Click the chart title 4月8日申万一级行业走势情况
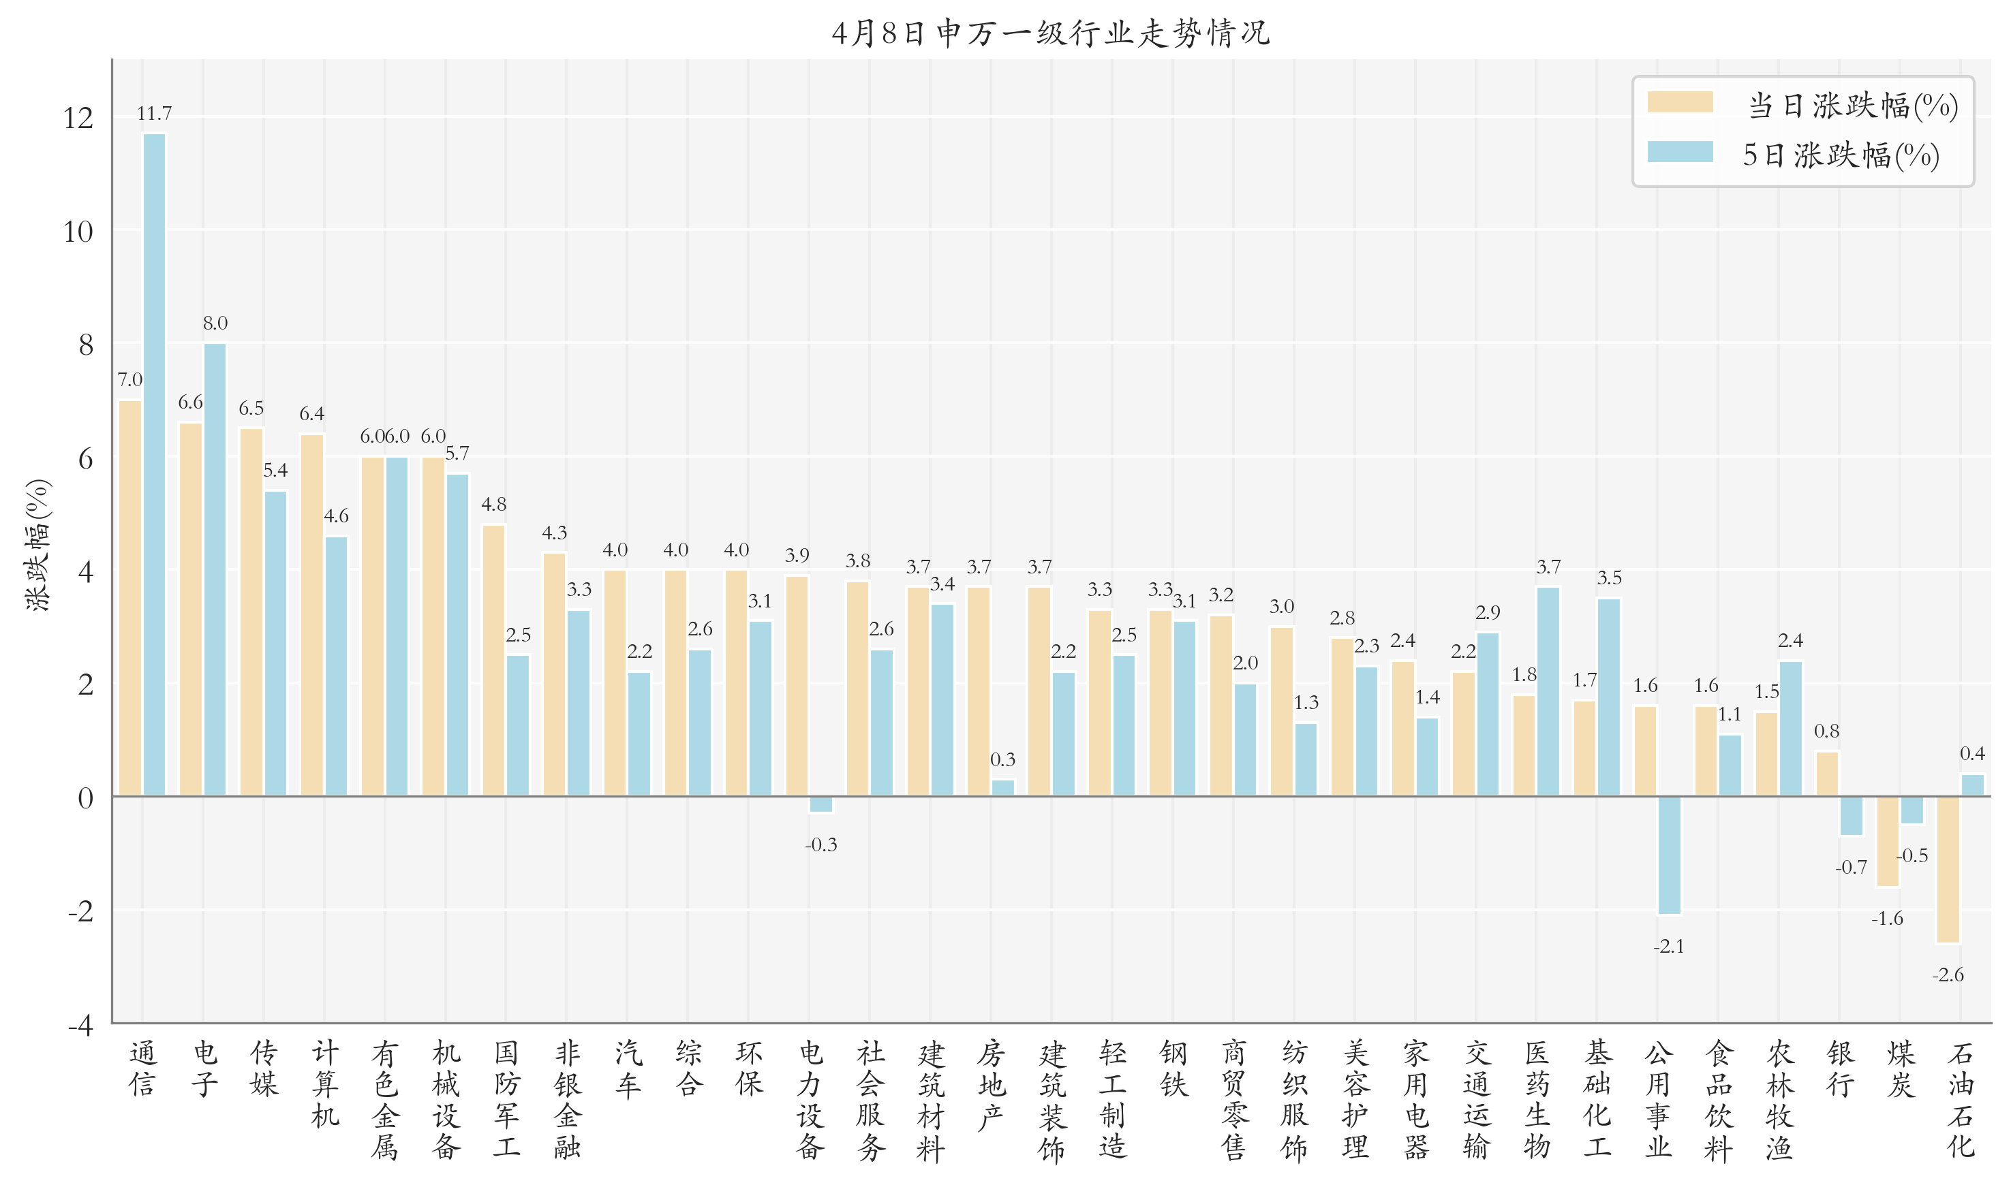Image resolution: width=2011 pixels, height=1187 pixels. coord(1051,33)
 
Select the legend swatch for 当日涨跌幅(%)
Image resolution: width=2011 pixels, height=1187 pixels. coord(1680,102)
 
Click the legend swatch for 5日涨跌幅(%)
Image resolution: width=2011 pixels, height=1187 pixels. coord(1680,152)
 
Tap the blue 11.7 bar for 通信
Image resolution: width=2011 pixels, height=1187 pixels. coord(155,464)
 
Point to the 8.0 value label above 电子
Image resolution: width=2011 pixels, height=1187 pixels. coord(215,323)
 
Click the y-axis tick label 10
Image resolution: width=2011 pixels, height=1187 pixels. coord(78,232)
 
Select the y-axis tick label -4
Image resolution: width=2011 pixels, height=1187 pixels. coord(80,1026)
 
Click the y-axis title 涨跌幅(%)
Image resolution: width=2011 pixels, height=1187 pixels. coord(37,545)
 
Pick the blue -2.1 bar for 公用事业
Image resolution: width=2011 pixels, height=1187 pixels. coord(1670,855)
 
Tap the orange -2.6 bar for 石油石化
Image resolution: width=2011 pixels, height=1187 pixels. coord(1948,870)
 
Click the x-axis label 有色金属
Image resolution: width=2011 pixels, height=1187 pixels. coord(385,1099)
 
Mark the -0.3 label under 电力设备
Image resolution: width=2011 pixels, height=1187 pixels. coord(821,844)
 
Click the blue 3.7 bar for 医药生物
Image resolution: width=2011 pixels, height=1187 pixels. coord(1548,692)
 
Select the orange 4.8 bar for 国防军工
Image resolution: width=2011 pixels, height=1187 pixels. coord(494,661)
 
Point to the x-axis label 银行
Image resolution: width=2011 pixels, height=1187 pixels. coord(1840,1069)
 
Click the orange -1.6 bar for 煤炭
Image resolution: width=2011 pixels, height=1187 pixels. coord(1887,842)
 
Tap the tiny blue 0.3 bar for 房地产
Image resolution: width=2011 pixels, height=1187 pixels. coord(1002,788)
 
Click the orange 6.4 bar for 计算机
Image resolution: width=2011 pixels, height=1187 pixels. coord(312,615)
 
